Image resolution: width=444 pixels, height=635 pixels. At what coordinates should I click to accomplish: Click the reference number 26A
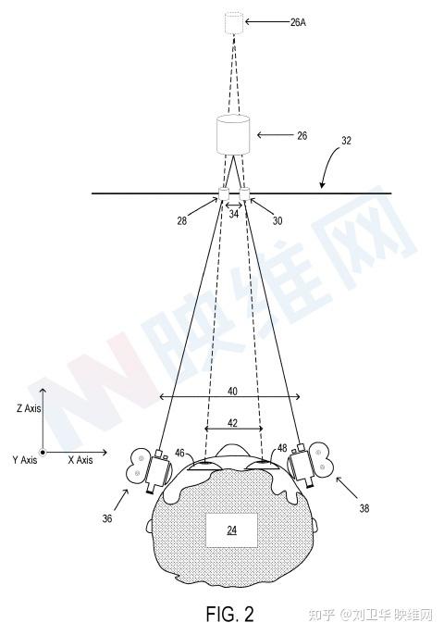298,22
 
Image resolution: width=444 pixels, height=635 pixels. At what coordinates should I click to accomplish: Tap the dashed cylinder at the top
234,23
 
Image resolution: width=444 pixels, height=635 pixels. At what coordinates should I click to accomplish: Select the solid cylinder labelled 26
233,135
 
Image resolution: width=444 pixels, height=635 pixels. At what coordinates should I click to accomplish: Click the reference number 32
347,141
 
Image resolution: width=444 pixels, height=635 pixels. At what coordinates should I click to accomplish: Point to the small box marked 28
224,193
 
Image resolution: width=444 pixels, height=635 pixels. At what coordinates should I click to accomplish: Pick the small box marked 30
245,193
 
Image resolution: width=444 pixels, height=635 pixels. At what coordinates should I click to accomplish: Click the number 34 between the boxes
234,214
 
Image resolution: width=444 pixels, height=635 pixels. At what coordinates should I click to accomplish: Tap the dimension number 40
232,392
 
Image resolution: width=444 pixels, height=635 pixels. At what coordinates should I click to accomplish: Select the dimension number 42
232,423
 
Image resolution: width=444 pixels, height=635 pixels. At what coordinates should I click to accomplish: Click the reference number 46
180,454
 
